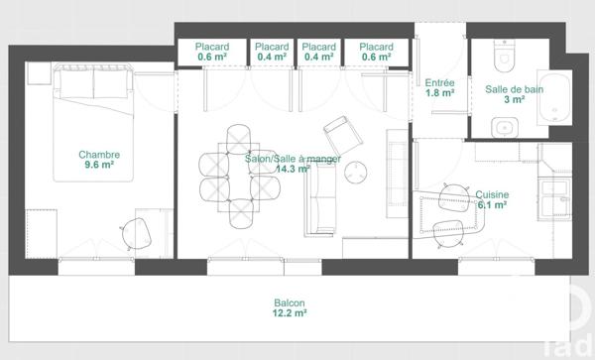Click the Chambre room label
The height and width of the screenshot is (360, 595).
pos(100,154)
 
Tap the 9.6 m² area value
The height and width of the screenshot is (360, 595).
pos(100,166)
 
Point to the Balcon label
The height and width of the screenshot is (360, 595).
pos(290,302)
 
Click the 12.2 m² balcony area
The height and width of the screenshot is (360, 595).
pos(290,314)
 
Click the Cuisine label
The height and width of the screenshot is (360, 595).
pos(492,194)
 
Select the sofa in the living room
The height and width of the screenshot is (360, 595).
pos(321,199)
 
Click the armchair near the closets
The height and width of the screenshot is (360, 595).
pos(340,133)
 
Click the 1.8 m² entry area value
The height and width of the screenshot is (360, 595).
pos(439,93)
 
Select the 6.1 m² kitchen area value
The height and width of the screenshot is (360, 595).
pos(492,206)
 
